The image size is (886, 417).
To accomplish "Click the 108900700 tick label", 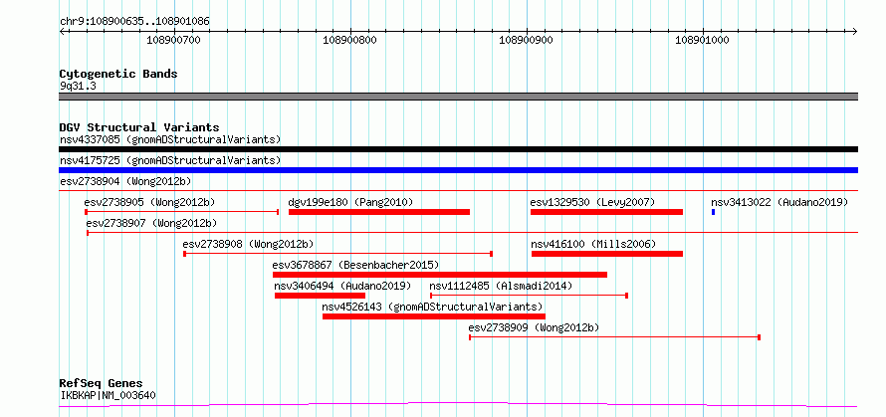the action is click(x=173, y=40).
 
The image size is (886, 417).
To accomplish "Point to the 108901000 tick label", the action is click(x=703, y=40).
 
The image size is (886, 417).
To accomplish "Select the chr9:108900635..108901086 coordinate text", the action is click(x=135, y=22).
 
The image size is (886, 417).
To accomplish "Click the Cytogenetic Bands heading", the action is click(x=118, y=74).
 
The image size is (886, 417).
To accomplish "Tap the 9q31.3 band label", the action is click(x=74, y=87).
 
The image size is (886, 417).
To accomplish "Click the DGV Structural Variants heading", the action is click(x=139, y=127).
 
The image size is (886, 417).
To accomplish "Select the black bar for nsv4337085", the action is click(x=458, y=149).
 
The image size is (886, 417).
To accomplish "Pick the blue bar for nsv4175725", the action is click(x=458, y=170).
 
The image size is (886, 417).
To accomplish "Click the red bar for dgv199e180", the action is click(x=379, y=212).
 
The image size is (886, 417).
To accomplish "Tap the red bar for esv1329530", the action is click(x=606, y=212).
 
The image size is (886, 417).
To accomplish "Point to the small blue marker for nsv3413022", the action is click(x=713, y=212).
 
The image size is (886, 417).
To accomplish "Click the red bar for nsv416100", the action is click(x=607, y=254).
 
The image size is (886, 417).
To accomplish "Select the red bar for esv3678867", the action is click(x=440, y=275).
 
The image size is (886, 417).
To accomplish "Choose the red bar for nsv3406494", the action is click(x=320, y=296).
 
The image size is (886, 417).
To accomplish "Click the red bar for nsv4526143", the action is click(x=434, y=316).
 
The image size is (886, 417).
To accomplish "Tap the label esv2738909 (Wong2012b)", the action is click(x=534, y=327).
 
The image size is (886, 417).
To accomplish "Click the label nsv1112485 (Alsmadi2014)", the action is click(x=501, y=286).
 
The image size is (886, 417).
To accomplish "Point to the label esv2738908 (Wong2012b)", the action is click(x=248, y=244).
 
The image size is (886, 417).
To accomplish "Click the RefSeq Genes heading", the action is click(x=102, y=384).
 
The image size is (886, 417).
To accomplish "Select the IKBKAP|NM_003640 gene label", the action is click(x=108, y=395).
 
